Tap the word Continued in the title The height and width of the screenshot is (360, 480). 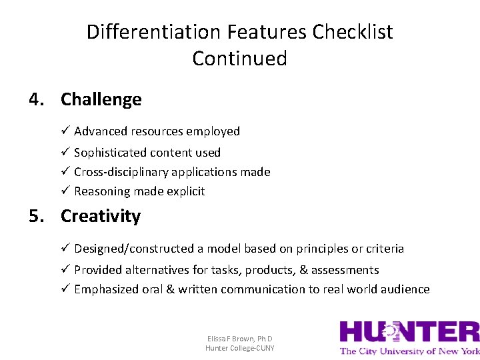[x=239, y=59]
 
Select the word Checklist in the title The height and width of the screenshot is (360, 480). [x=353, y=32]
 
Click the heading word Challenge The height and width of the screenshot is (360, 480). [x=101, y=99]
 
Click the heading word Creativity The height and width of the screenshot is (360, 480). [x=101, y=216]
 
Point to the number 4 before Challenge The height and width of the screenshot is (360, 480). [x=35, y=99]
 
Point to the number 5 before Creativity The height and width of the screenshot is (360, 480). [x=35, y=216]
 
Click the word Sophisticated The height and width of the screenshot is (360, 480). [x=108, y=153]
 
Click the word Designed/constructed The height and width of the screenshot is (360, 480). [x=133, y=249]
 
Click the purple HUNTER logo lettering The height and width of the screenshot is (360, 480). [x=409, y=333]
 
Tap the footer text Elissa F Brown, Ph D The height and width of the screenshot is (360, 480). [x=239, y=339]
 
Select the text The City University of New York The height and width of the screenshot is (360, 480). [x=409, y=351]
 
